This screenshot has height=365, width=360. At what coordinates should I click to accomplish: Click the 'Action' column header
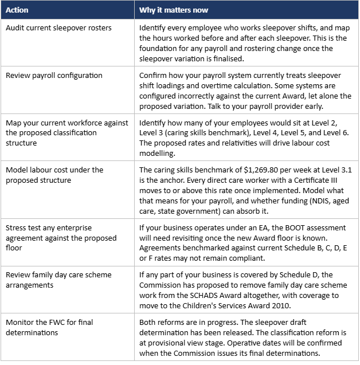[17, 10]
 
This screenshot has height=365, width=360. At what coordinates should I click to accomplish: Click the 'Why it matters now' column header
[174, 10]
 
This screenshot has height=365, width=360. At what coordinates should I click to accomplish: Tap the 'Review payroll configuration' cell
[54, 75]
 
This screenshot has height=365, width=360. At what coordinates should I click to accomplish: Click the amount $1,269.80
[263, 170]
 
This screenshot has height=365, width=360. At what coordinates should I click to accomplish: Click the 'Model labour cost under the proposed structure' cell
[54, 175]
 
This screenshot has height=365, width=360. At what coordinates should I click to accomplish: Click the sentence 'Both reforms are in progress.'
[189, 321]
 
